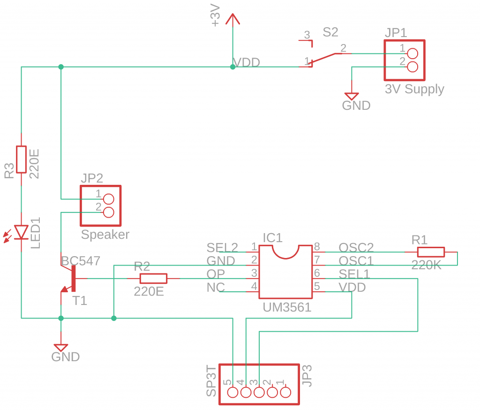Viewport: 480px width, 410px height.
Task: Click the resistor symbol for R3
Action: point(21,159)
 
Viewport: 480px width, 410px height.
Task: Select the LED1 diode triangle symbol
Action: point(21,232)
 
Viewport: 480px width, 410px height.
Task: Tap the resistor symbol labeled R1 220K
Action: point(431,252)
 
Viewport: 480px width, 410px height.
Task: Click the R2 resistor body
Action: point(153,279)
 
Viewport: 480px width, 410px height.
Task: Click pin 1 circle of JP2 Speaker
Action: point(108,198)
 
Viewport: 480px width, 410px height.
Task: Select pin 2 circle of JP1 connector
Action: point(412,67)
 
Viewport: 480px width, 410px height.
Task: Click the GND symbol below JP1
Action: point(352,95)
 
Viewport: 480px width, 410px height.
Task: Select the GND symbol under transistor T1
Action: point(61,347)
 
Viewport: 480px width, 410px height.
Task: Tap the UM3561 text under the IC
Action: point(287,308)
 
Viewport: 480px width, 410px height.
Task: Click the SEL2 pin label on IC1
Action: point(222,247)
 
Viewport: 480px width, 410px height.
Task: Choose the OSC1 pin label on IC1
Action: point(356,260)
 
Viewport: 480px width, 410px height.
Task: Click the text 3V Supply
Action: point(414,89)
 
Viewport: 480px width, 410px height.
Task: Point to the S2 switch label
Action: point(330,32)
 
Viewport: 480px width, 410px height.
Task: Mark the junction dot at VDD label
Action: point(232,67)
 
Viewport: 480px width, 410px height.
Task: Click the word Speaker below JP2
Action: point(105,235)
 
